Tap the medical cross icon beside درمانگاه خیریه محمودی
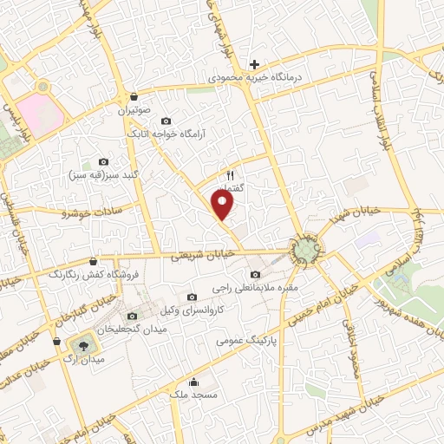pyautogui.click(x=254, y=64)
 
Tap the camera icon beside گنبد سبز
pyautogui.click(x=104, y=161)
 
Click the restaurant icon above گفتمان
pyautogui.click(x=230, y=173)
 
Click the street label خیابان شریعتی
pyautogui.click(x=201, y=255)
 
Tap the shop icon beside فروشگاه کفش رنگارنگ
pyautogui.click(x=93, y=260)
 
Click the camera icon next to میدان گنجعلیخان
pyautogui.click(x=132, y=316)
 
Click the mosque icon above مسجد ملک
pyautogui.click(x=193, y=382)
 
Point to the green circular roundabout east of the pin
pyautogui.click(x=304, y=251)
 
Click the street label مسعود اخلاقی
pyautogui.click(x=355, y=356)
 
